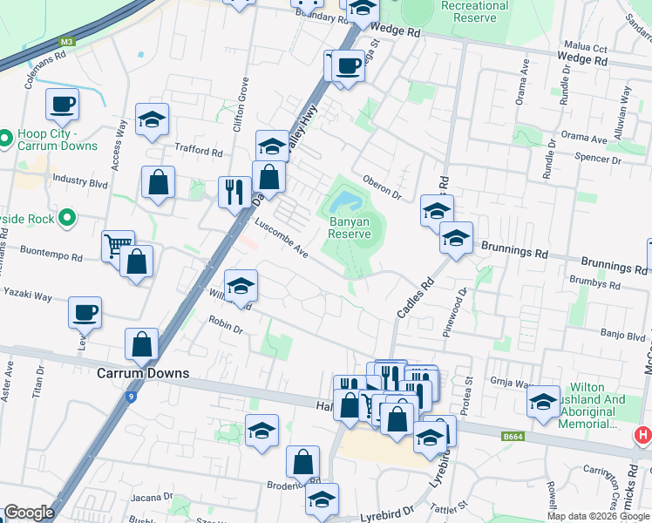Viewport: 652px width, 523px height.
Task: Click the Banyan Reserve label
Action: point(350,228)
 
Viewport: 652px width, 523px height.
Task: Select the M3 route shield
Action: point(67,41)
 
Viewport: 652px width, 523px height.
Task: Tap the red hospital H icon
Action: point(643,434)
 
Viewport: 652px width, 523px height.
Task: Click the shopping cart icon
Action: point(117,244)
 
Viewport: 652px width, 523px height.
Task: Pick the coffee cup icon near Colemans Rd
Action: point(63,105)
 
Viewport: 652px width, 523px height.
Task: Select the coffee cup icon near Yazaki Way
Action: point(85,312)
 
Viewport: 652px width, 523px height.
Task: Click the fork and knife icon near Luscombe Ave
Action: point(234,192)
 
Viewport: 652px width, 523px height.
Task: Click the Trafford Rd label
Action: point(199,150)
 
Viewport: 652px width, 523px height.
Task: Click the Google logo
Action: point(30,513)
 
